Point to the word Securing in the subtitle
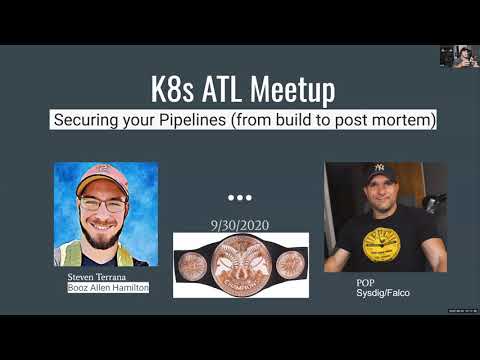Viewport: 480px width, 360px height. pos(92,120)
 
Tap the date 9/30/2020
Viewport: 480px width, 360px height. pos(240,225)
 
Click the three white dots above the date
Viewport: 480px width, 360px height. pos(240,197)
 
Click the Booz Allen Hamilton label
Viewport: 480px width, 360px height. pos(107,287)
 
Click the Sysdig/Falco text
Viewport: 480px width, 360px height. pos(383,293)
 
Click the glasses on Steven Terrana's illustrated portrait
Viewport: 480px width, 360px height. pos(102,204)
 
